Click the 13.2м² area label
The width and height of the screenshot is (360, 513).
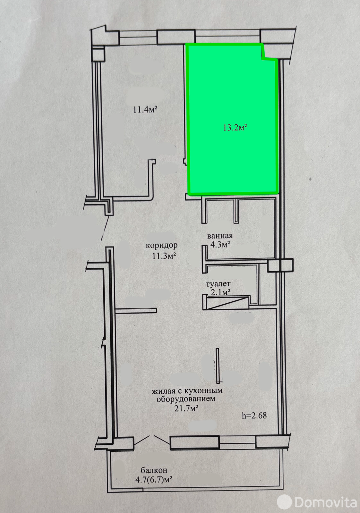click(x=235, y=127)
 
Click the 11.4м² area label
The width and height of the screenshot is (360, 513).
click(x=145, y=109)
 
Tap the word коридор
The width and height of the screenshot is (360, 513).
click(x=162, y=246)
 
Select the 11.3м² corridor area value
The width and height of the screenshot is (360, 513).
click(x=164, y=256)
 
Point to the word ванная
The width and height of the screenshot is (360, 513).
click(x=220, y=236)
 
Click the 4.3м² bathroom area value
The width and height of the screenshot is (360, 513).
click(x=220, y=245)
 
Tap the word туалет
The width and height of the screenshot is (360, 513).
click(x=218, y=284)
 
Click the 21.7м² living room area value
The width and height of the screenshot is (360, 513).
click(x=186, y=408)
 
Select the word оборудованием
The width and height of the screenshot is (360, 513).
click(x=186, y=399)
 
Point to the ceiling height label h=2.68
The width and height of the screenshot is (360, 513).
click(x=254, y=416)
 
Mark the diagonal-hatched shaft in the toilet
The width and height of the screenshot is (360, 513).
click(x=227, y=303)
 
